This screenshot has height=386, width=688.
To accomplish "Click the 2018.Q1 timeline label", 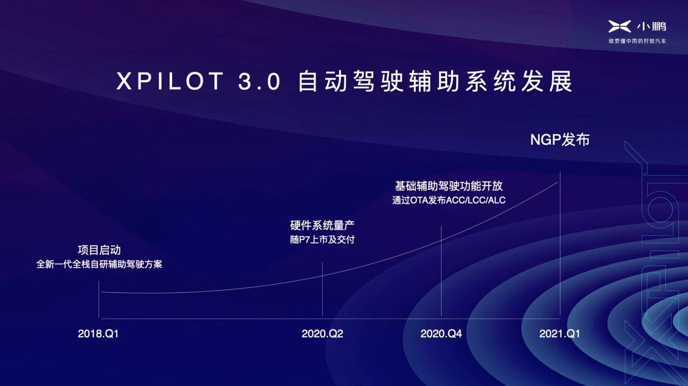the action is tap(98, 333).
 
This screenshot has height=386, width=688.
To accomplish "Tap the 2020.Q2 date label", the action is tap(322, 333).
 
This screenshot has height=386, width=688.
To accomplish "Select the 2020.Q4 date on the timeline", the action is tap(441, 333).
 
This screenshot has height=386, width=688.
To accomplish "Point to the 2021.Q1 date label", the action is tap(560, 333).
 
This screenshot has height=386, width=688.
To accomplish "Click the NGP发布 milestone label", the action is tap(560, 140).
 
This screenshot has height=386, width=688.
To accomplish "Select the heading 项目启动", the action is tap(99, 250).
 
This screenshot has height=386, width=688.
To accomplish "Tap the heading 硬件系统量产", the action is tap(322, 225).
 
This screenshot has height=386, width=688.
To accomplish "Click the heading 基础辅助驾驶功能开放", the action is tap(449, 186).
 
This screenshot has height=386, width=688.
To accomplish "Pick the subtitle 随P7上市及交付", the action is tap(322, 239).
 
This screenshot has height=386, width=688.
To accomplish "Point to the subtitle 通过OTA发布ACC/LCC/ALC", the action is tap(449, 200).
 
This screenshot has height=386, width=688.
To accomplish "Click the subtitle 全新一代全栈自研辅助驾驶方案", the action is tap(99, 264).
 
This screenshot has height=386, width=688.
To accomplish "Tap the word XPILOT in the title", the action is tap(170, 81).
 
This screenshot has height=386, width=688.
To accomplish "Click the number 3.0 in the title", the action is tap(260, 81).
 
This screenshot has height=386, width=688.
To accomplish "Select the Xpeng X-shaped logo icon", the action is tap(620, 26).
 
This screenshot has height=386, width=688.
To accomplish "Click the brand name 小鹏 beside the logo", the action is tap(651, 27).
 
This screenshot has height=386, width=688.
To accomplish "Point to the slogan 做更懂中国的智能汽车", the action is tap(637, 41).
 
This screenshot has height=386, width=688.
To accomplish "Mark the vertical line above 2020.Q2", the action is tap(322, 289).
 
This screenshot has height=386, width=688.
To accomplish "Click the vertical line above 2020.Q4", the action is tap(441, 271).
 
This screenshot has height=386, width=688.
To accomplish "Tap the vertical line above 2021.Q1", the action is tap(560, 244).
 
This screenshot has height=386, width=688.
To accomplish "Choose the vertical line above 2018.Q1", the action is tap(98, 299).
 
